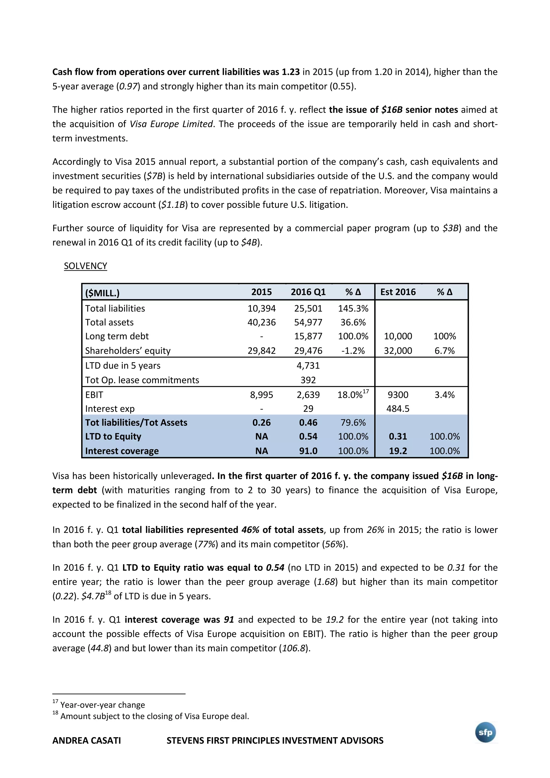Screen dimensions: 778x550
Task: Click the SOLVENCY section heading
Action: pos(85,266)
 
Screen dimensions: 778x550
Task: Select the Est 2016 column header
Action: pos(398,292)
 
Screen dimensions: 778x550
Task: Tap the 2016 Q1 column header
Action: pos(308,292)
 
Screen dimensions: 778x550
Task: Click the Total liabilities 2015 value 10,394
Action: pos(261,308)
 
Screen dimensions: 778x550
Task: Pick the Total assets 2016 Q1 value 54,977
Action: pos(308,322)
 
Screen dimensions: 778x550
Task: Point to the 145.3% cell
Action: pos(353,308)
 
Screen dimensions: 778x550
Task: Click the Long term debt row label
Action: pos(117,336)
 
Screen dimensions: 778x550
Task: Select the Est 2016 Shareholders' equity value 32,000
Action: pos(398,351)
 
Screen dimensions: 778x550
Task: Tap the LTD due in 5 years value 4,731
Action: pos(308,366)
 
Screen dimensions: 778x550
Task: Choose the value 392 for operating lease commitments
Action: pos(308,380)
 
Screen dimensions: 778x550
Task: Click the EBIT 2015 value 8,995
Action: pos(261,395)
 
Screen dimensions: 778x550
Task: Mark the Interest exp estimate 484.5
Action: pos(398,409)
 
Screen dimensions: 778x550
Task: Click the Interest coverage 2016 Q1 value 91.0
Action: pos(308,451)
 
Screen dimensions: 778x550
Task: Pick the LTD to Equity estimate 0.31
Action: pos(398,437)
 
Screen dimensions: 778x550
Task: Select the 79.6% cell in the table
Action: pos(353,423)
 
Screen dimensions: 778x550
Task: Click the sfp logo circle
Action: pos(485,733)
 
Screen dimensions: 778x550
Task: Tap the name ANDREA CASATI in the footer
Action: pos(86,740)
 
